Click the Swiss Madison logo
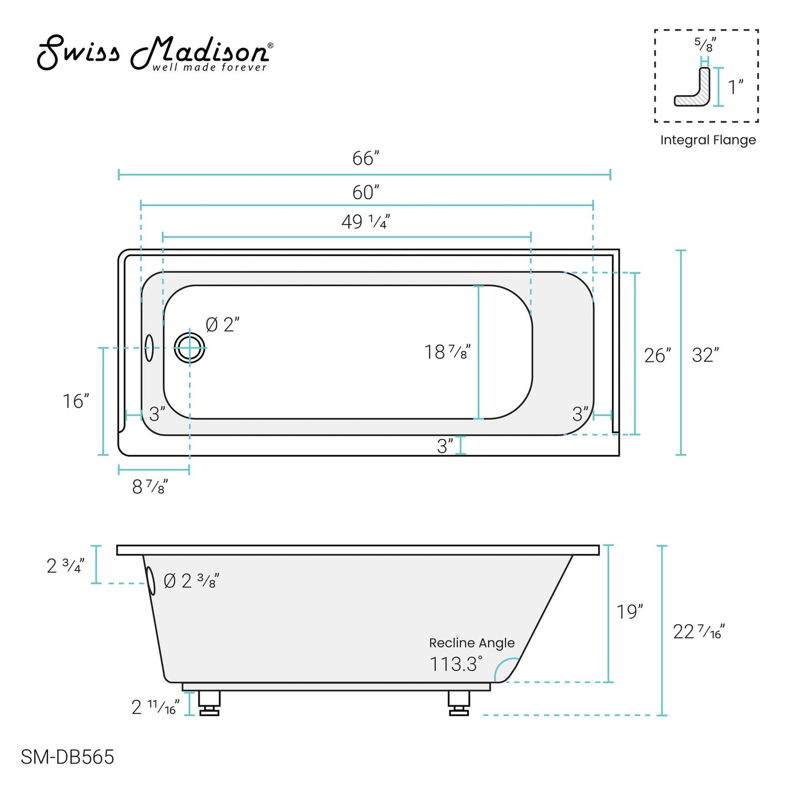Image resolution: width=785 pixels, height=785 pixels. (x=155, y=53)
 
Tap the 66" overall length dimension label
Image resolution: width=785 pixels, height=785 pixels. (x=366, y=158)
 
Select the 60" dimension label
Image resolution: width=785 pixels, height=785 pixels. (x=366, y=192)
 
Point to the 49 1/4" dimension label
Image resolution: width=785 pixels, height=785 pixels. (x=366, y=222)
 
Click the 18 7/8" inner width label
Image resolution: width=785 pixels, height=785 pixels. (x=447, y=352)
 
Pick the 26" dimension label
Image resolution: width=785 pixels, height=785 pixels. (x=657, y=356)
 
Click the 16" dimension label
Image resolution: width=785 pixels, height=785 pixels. (x=76, y=401)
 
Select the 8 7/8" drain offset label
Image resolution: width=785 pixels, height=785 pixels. (x=150, y=486)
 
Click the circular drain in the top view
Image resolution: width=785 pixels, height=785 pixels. (x=190, y=348)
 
